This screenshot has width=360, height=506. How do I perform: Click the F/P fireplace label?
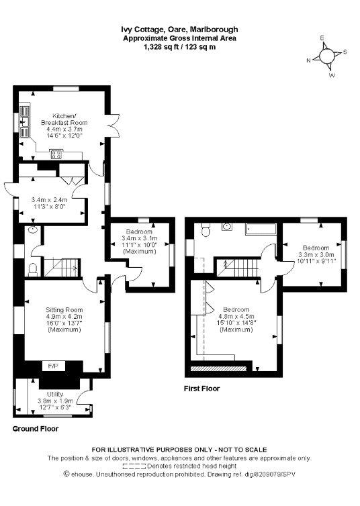[53, 366]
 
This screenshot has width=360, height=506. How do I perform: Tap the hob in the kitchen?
[56, 154]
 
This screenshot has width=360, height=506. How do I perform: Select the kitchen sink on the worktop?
[24, 121]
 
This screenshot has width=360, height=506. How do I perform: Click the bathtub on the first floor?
[261, 229]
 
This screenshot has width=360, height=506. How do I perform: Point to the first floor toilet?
[206, 230]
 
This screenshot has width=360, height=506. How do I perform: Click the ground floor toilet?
[33, 270]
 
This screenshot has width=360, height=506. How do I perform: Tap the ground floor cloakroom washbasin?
[33, 230]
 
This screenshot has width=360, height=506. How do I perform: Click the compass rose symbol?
[326, 56]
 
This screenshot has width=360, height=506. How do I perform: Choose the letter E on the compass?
[322, 38]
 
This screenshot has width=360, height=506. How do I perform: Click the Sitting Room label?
[64, 310]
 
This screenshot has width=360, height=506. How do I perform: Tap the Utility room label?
[55, 394]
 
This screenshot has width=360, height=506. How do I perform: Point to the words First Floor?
[201, 389]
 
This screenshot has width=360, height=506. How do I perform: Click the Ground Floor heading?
[36, 429]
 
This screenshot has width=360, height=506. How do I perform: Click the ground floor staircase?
[62, 267]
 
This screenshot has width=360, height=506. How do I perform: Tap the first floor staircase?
[238, 267]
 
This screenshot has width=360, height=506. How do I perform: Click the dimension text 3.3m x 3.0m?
[316, 254]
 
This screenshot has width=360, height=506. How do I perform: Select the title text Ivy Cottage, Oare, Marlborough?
[179, 30]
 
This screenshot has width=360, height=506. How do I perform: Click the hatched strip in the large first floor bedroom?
[218, 368]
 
